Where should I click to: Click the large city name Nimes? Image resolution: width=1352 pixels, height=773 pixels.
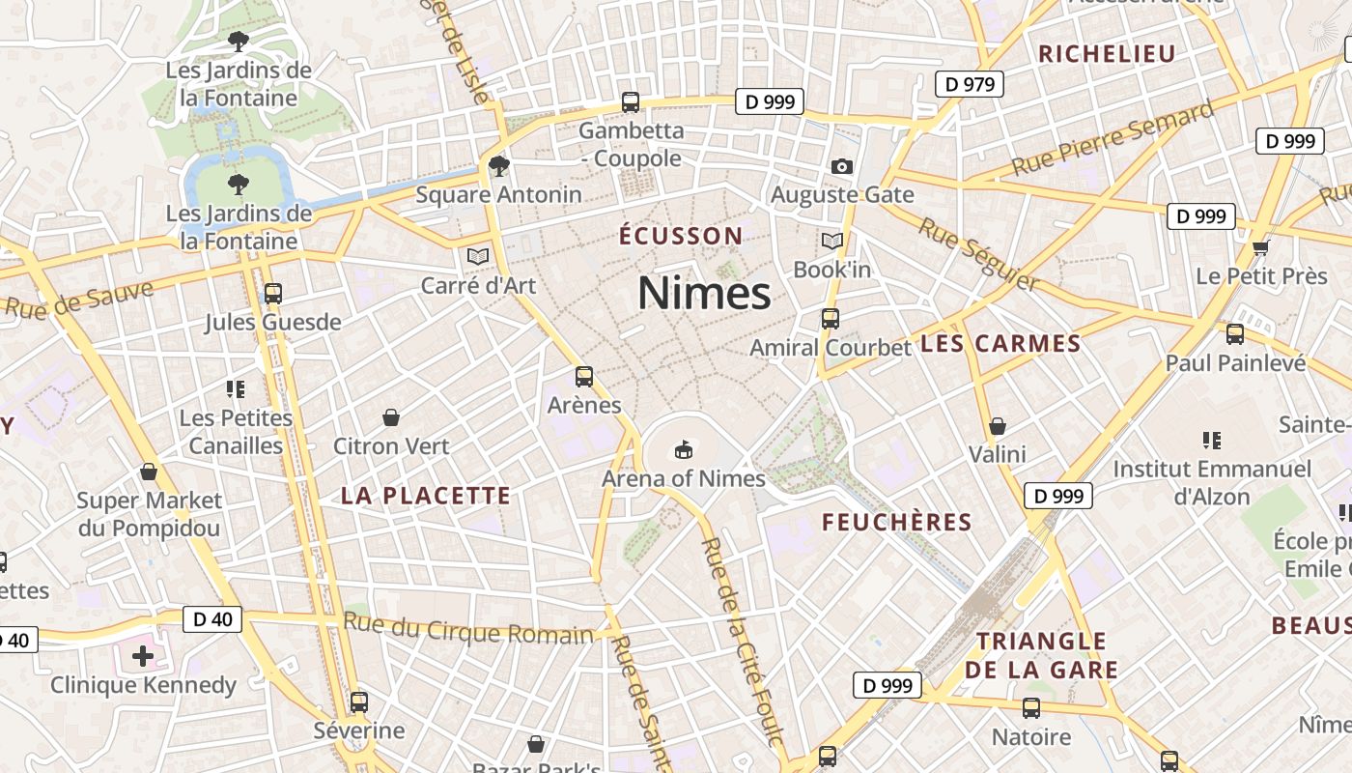[x=704, y=293]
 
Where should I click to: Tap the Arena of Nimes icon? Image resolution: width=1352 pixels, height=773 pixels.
[x=684, y=449]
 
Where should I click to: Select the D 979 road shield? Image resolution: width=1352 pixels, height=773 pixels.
[x=970, y=84]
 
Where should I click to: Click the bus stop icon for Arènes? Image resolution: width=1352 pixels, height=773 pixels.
[x=584, y=377]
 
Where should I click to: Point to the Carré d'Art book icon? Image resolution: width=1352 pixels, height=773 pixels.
[x=477, y=256]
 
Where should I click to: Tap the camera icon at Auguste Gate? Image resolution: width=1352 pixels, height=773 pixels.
[x=841, y=166]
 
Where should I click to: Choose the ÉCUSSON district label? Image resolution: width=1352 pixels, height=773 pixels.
[x=681, y=236]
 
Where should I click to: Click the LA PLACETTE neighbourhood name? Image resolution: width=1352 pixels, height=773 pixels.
[x=425, y=496]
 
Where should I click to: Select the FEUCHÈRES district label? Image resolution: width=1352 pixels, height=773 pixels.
[x=896, y=523]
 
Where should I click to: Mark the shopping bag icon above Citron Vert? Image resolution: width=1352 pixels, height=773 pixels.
[x=391, y=417]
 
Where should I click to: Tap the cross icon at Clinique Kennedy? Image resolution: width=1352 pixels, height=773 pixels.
[x=143, y=657]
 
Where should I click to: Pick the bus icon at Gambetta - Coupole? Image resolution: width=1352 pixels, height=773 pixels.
[x=631, y=101]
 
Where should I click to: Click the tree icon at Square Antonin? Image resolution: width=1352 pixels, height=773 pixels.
[x=498, y=166]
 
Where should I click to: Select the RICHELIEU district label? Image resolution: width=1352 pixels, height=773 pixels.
[x=1107, y=53]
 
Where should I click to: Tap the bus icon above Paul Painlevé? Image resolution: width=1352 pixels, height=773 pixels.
[x=1235, y=334]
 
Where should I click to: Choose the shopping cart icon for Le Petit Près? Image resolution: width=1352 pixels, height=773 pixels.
[x=1260, y=248]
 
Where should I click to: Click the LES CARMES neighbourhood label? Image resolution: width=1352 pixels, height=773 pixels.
[x=1000, y=344]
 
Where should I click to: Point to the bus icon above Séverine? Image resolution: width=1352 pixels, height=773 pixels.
[x=359, y=702]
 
